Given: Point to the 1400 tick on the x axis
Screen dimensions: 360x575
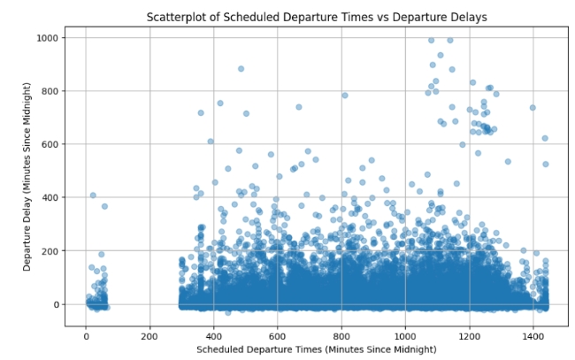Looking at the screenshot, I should [x=533, y=336].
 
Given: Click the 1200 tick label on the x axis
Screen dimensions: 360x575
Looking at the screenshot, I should [x=469, y=336].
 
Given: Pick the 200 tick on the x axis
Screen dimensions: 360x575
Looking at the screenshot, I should [x=149, y=336].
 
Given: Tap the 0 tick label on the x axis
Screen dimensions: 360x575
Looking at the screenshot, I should [x=86, y=336].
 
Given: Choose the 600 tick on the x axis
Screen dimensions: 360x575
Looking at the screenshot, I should [x=277, y=336].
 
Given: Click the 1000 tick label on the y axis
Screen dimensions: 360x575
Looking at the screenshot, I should [x=47, y=38].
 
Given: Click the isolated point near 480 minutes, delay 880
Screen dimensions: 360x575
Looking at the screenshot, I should [x=241, y=69].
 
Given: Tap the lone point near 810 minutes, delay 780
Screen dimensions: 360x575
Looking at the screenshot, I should [x=344, y=96].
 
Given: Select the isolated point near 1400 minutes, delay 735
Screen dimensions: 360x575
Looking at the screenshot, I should [x=533, y=108].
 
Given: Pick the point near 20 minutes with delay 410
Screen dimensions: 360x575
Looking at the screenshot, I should [x=93, y=195].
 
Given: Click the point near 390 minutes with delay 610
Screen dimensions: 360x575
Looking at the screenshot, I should [x=211, y=142].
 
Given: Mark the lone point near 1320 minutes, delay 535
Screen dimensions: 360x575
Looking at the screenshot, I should [x=508, y=162].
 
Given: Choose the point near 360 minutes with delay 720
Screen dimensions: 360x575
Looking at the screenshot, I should [x=201, y=113].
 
